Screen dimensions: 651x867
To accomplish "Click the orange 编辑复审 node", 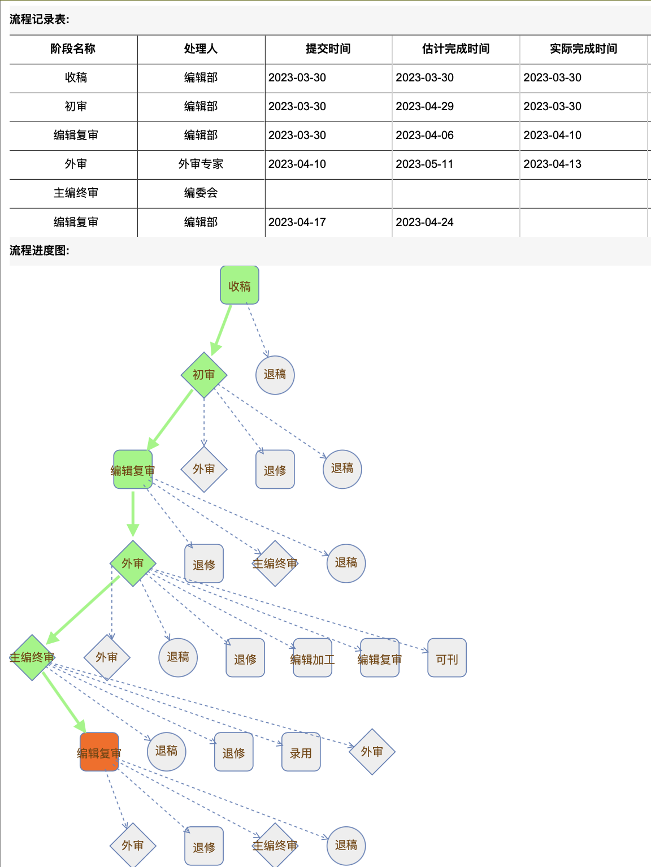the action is pyautogui.click(x=99, y=752).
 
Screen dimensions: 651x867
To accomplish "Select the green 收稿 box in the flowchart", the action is pyautogui.click(x=240, y=285).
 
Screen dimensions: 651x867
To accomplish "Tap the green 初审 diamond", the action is pyautogui.click(x=203, y=375).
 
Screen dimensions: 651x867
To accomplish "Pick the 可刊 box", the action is pyautogui.click(x=447, y=658).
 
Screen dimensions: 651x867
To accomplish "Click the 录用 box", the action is pyautogui.click(x=301, y=752).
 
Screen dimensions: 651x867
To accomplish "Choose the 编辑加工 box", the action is pyautogui.click(x=313, y=658).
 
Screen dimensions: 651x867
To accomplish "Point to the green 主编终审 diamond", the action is pyautogui.click(x=32, y=658).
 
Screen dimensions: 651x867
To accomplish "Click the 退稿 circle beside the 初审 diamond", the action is pyautogui.click(x=275, y=375).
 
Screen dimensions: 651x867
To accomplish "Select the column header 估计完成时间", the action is pyautogui.click(x=455, y=49).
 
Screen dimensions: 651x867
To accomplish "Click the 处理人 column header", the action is pyautogui.click(x=201, y=49).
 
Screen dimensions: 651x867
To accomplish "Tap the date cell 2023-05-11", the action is pyautogui.click(x=424, y=164).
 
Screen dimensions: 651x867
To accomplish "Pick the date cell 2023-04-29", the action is pyautogui.click(x=424, y=106).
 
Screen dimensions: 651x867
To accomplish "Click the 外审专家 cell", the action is pyautogui.click(x=201, y=164).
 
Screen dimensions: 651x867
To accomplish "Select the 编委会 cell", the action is pyautogui.click(x=201, y=193).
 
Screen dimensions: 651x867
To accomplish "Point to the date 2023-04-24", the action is pyautogui.click(x=424, y=222).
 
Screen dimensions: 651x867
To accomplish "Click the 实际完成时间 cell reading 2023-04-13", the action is pyautogui.click(x=552, y=164).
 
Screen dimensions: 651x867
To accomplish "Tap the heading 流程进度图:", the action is pyautogui.click(x=40, y=250).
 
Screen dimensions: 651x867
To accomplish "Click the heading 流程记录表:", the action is pyautogui.click(x=40, y=19).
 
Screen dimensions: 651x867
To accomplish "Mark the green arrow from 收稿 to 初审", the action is pyautogui.click(x=222, y=330).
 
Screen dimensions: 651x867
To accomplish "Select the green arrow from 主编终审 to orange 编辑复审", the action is pyautogui.click(x=64, y=703).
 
